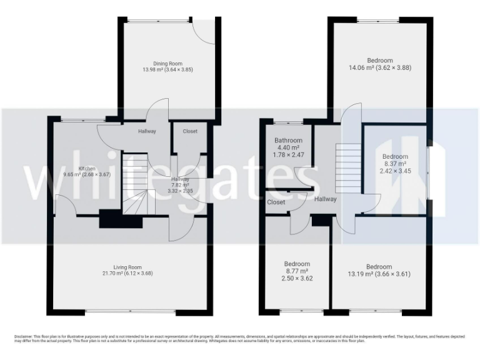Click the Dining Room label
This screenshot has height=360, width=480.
tap(167, 62)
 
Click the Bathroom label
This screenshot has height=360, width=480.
tap(288, 141)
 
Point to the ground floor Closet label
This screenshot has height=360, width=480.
tap(190, 131)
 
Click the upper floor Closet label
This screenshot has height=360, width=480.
tap(276, 202)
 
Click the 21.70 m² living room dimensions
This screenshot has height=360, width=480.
tap(129, 273)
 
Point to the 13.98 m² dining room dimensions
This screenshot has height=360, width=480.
tap(167, 69)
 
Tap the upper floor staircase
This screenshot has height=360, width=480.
tap(348, 167)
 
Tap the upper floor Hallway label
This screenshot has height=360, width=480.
tap(325, 199)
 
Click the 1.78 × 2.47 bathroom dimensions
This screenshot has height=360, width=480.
tap(288, 154)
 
